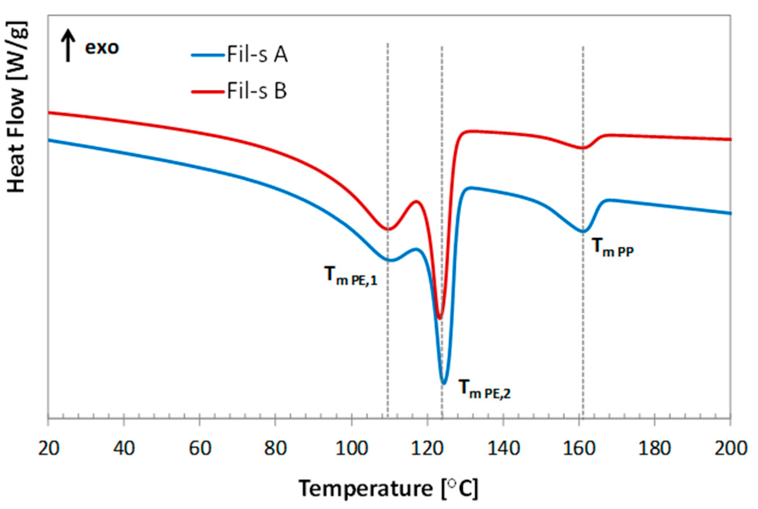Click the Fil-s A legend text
pos(257,55)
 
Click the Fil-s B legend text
pos(257,91)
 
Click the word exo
pos(102,48)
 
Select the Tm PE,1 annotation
pos(350,276)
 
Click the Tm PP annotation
pos(613,247)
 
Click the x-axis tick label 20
pos(48,448)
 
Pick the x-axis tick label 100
pos(352,448)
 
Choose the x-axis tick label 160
pos(579,448)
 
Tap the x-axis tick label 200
pos(730,448)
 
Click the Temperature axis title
pos(388,489)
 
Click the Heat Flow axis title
pos(17,107)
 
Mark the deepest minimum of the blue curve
pos(444,383)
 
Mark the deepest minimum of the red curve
pos(439,318)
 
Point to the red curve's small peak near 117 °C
pos(417,201)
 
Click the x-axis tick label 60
pos(200,448)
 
